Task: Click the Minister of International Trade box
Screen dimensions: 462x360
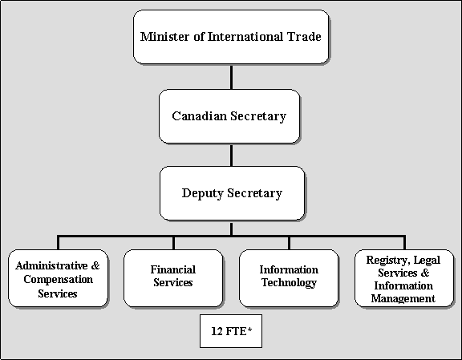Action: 231,37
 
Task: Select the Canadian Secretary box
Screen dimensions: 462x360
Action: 229,116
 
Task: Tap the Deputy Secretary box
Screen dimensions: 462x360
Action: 232,193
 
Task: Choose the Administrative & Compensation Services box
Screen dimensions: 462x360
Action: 58,278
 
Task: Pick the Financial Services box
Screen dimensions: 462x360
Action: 173,278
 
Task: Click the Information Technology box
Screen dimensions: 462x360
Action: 289,278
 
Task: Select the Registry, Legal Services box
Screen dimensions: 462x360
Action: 404,278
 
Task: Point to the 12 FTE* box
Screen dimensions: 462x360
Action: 231,331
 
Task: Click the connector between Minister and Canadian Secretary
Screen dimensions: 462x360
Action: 231,77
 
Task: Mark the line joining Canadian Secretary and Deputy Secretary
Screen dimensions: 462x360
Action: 231,155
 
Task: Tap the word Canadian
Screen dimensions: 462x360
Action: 199,115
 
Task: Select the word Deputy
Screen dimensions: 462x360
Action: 203,193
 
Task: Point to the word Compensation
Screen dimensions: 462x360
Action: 58,280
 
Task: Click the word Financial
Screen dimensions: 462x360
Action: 173,269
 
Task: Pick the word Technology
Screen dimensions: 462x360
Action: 289,283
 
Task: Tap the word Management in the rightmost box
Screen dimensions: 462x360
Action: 403,299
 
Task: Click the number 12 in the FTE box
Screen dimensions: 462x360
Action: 217,331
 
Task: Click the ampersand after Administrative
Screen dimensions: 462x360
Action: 95,265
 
